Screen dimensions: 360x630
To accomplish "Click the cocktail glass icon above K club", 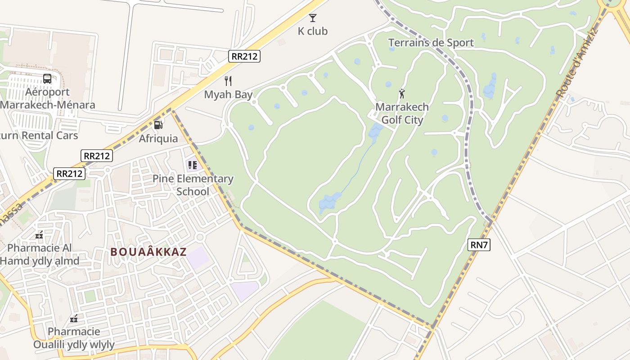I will click(x=312, y=18).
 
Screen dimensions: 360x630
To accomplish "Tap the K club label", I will click(x=312, y=31).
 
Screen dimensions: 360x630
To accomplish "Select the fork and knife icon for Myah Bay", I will click(x=228, y=81).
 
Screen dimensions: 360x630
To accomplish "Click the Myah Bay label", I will click(x=228, y=94).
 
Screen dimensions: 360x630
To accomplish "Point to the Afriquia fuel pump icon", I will click(x=158, y=125).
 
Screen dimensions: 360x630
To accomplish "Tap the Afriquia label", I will click(x=158, y=138).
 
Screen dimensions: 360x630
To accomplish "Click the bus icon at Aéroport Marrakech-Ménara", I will click(x=47, y=78).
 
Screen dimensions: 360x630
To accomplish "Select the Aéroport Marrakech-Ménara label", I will click(x=47, y=99).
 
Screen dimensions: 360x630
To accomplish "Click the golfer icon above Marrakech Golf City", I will click(x=402, y=94).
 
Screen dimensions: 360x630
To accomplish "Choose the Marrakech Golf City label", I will click(x=402, y=113).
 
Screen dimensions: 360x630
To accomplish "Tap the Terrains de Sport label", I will click(x=431, y=43).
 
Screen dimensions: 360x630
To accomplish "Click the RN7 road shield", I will click(x=479, y=245).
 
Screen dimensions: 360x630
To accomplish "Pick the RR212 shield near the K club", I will click(x=244, y=56).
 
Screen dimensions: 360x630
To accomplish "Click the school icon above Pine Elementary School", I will click(x=192, y=165).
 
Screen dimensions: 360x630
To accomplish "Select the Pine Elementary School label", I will click(x=193, y=185).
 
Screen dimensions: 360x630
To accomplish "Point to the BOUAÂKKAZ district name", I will click(x=148, y=252).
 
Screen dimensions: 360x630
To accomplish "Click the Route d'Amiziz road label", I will click(x=576, y=63).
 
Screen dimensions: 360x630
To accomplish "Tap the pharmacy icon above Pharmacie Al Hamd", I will click(x=40, y=234).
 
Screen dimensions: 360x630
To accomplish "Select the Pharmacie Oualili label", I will click(x=74, y=338).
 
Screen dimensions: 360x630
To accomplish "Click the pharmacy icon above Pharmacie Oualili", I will click(x=74, y=319).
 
